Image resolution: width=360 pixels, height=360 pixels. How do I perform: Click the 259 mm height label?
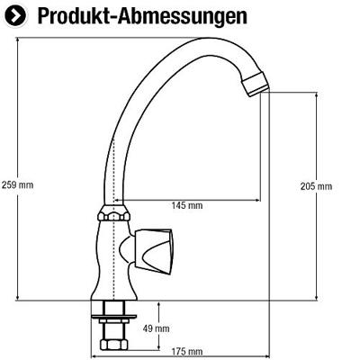(x=17, y=184)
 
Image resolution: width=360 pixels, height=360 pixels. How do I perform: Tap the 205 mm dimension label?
(x=316, y=186)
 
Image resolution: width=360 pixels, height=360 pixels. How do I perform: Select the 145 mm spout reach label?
(x=187, y=205)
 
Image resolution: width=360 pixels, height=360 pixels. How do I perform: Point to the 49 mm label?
(x=156, y=328)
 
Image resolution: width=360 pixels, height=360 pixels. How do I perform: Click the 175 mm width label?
(x=187, y=351)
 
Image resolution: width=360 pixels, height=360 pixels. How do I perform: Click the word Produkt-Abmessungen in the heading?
(x=142, y=16)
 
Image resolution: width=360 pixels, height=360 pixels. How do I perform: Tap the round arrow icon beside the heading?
(x=15, y=16)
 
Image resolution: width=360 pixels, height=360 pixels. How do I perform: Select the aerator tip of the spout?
(x=255, y=85)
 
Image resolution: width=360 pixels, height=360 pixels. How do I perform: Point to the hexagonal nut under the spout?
(x=113, y=213)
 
